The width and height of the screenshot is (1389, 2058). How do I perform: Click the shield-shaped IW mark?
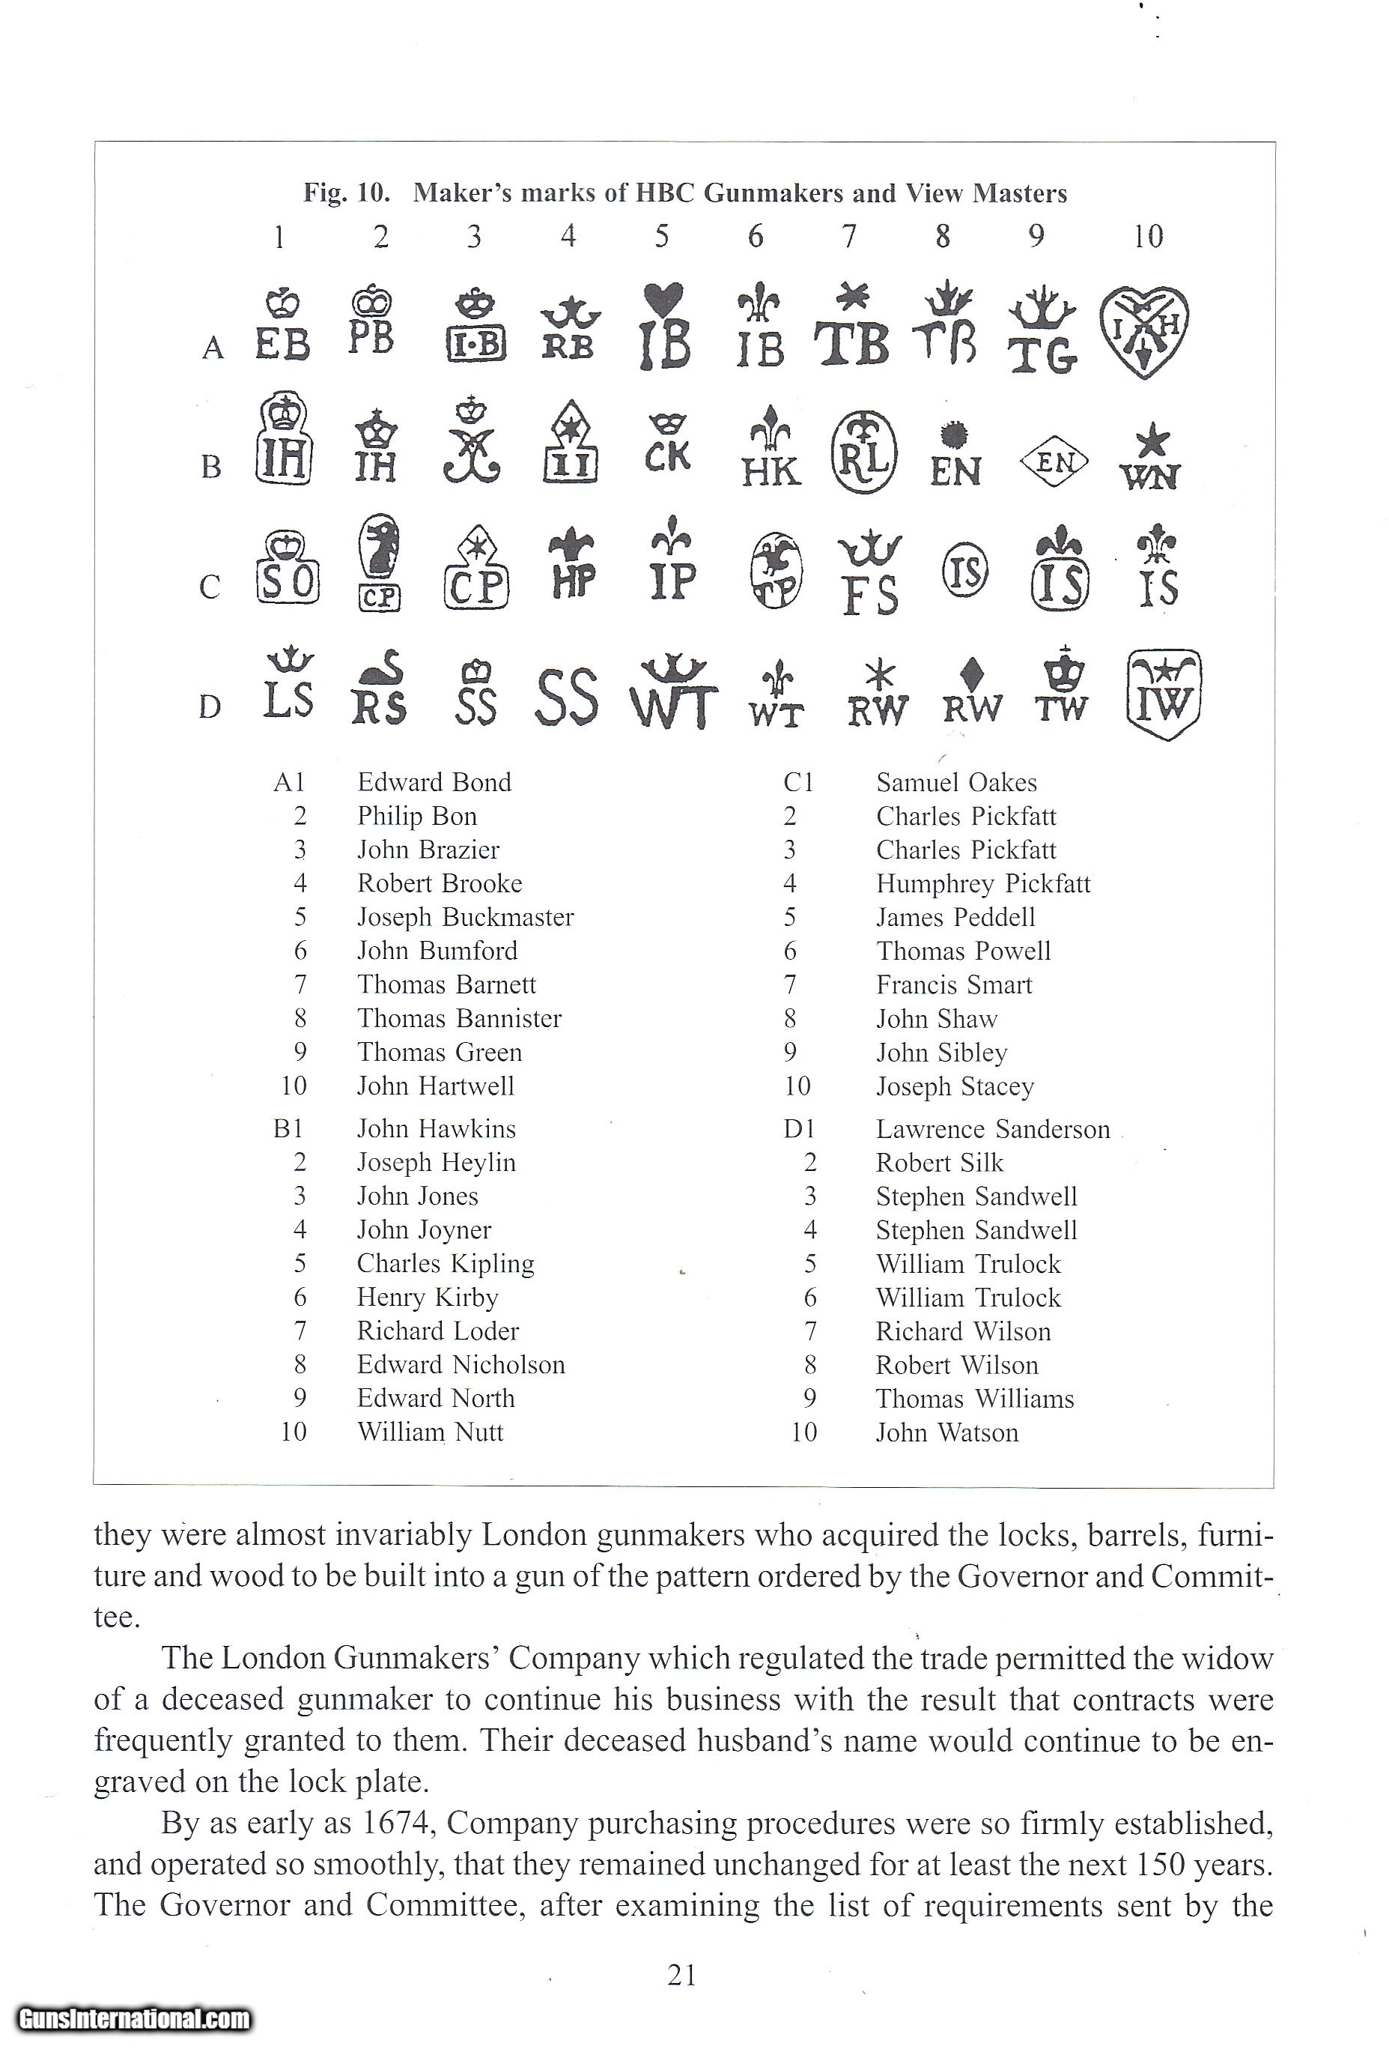coord(1164,694)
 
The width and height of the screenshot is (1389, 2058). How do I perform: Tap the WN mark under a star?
coord(1150,459)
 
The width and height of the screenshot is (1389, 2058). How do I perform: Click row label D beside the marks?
coord(210,706)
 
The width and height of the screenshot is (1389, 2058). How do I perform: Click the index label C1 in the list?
coord(797,782)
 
